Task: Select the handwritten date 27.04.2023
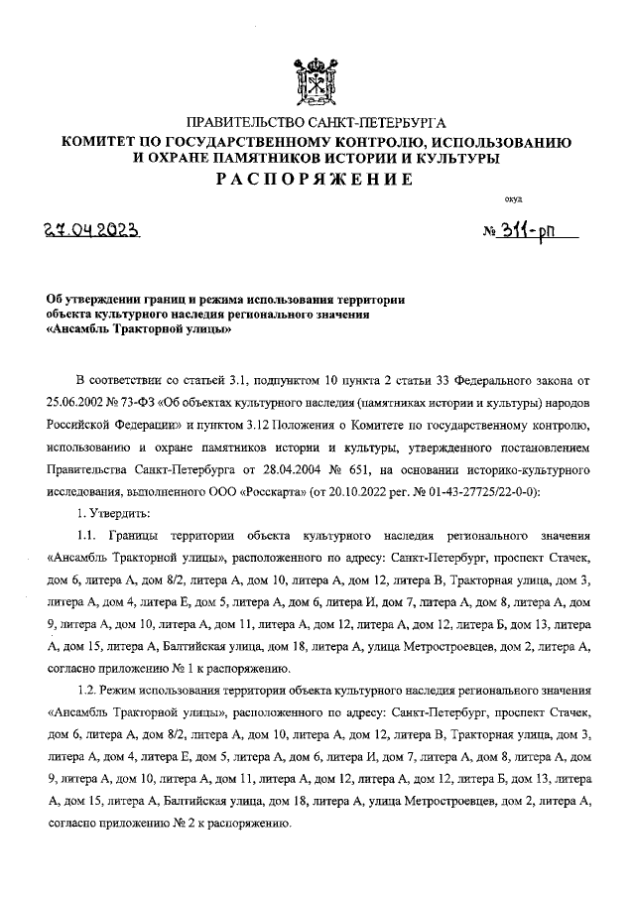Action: pyautogui.click(x=96, y=231)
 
